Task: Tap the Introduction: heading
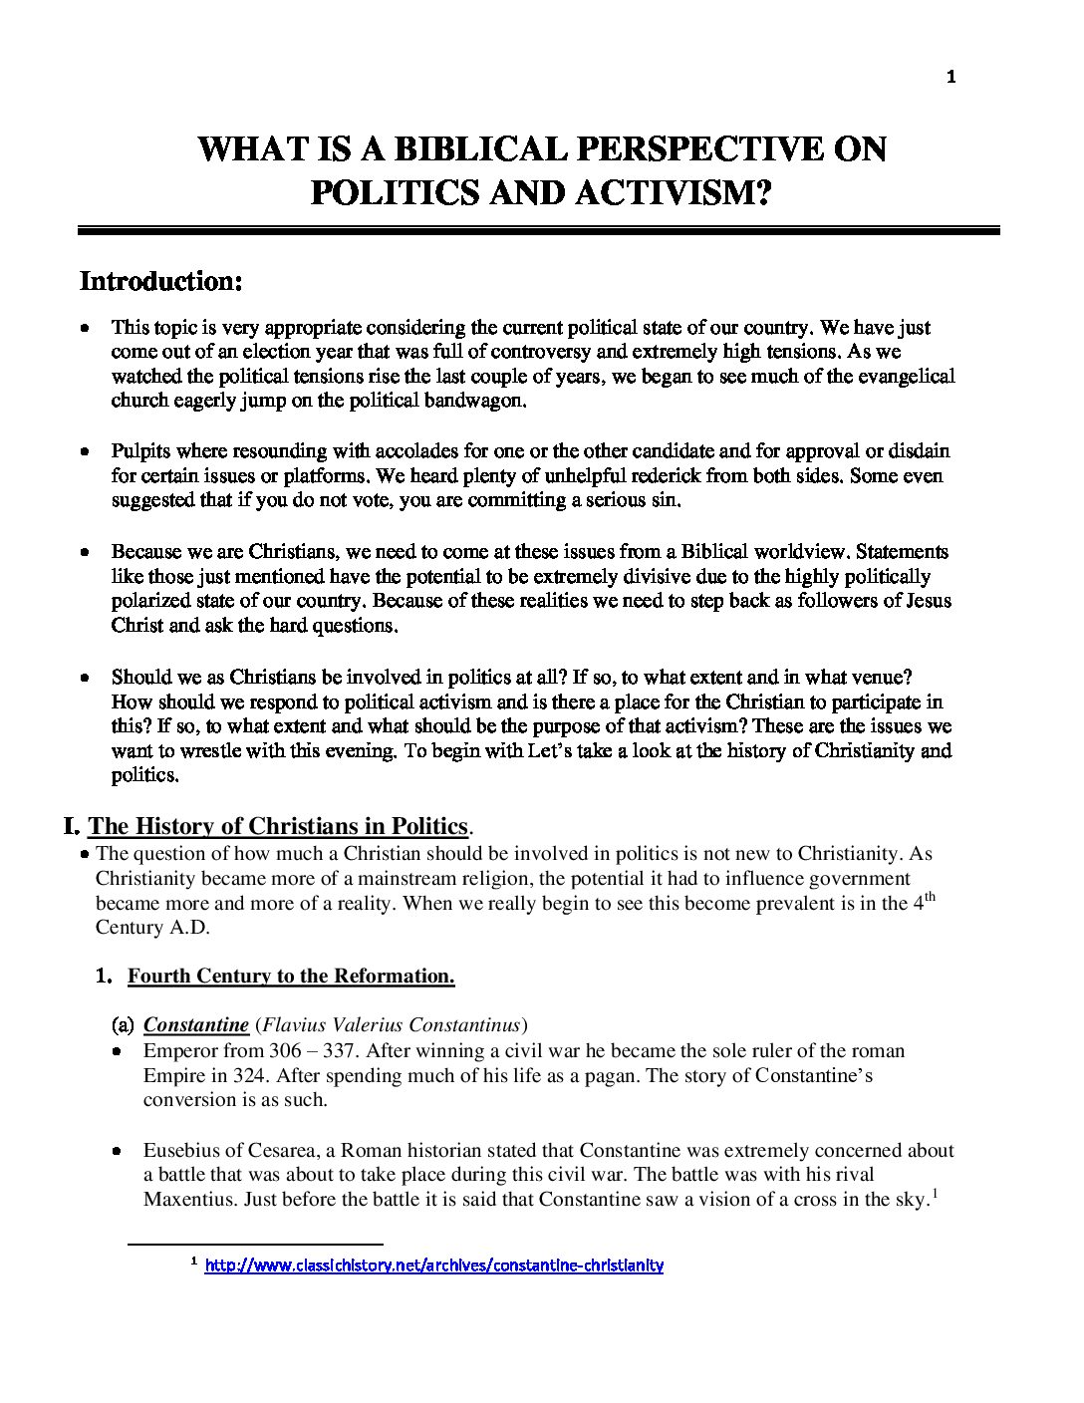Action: point(161,281)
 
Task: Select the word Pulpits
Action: point(140,451)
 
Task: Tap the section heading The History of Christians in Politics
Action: point(278,826)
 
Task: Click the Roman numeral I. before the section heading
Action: point(71,826)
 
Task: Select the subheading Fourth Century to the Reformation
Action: point(291,977)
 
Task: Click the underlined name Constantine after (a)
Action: point(195,1025)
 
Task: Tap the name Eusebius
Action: point(183,1150)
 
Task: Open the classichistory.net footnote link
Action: point(433,1266)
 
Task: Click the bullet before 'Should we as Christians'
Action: point(87,677)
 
